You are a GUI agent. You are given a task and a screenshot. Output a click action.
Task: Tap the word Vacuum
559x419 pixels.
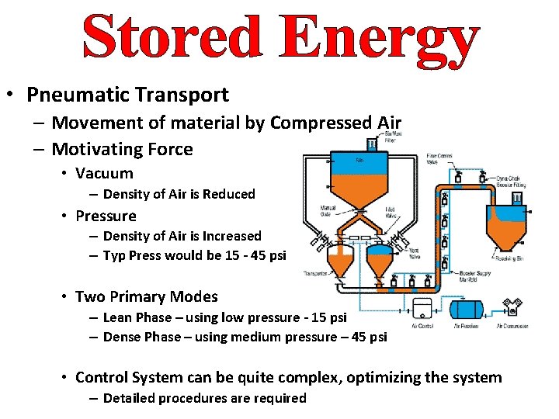click(104, 174)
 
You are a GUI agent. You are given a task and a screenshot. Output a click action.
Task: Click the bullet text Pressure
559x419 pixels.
click(106, 216)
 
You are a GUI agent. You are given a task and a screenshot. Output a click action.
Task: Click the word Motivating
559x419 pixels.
click(98, 149)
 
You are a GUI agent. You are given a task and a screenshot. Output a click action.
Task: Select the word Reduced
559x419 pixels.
click(229, 194)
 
